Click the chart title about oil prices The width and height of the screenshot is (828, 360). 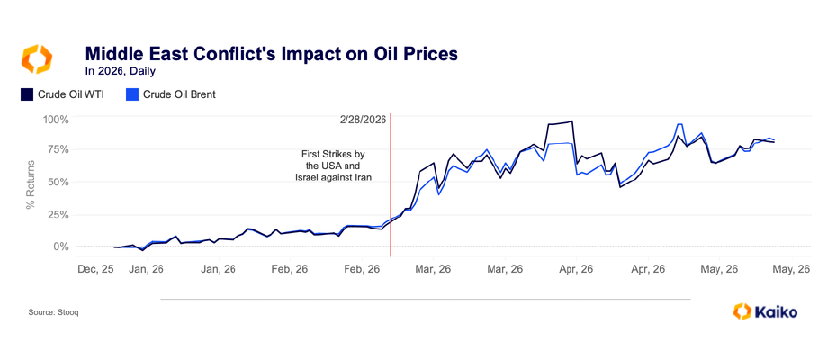(x=272, y=53)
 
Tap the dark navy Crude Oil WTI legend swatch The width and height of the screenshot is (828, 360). (x=27, y=94)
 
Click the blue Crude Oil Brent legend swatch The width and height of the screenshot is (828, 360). (x=132, y=94)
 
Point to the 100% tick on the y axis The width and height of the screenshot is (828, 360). (x=56, y=120)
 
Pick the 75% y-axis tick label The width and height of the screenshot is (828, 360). (x=58, y=149)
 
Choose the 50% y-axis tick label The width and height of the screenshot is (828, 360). (x=58, y=182)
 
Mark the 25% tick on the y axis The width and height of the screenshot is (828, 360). (x=58, y=215)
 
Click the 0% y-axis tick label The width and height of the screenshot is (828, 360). (x=60, y=247)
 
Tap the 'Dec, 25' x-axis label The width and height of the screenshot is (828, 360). (x=95, y=269)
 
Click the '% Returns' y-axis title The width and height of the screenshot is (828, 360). (x=31, y=184)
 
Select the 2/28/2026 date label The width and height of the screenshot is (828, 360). (x=364, y=120)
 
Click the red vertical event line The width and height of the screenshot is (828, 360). (x=391, y=184)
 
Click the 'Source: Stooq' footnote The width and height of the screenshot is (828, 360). (x=54, y=312)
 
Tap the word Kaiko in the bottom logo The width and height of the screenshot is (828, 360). (x=776, y=312)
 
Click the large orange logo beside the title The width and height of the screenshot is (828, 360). (x=36, y=59)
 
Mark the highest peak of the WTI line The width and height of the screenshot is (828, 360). (x=571, y=121)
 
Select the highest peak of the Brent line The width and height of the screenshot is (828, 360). (x=679, y=124)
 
